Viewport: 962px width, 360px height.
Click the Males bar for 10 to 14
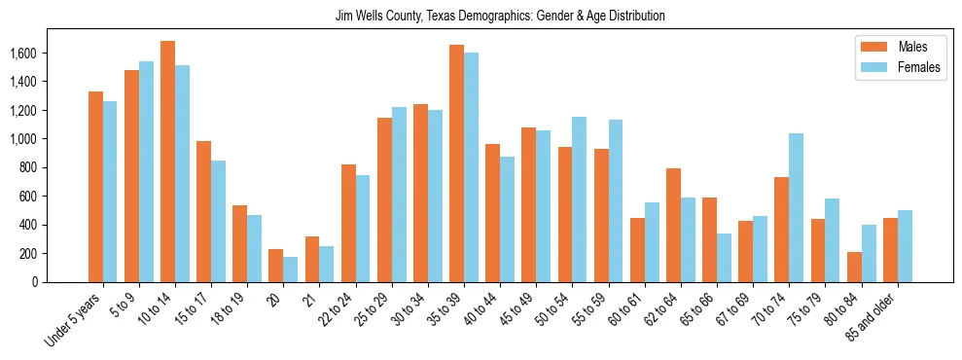click(x=167, y=162)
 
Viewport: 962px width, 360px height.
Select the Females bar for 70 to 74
click(x=797, y=207)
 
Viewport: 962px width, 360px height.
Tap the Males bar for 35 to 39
click(x=456, y=163)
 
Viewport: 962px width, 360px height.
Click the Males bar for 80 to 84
click(x=854, y=267)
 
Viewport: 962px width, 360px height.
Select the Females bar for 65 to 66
click(x=725, y=258)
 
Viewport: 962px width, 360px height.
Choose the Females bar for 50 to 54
click(x=580, y=199)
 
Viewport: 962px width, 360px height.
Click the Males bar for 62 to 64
click(x=673, y=225)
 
